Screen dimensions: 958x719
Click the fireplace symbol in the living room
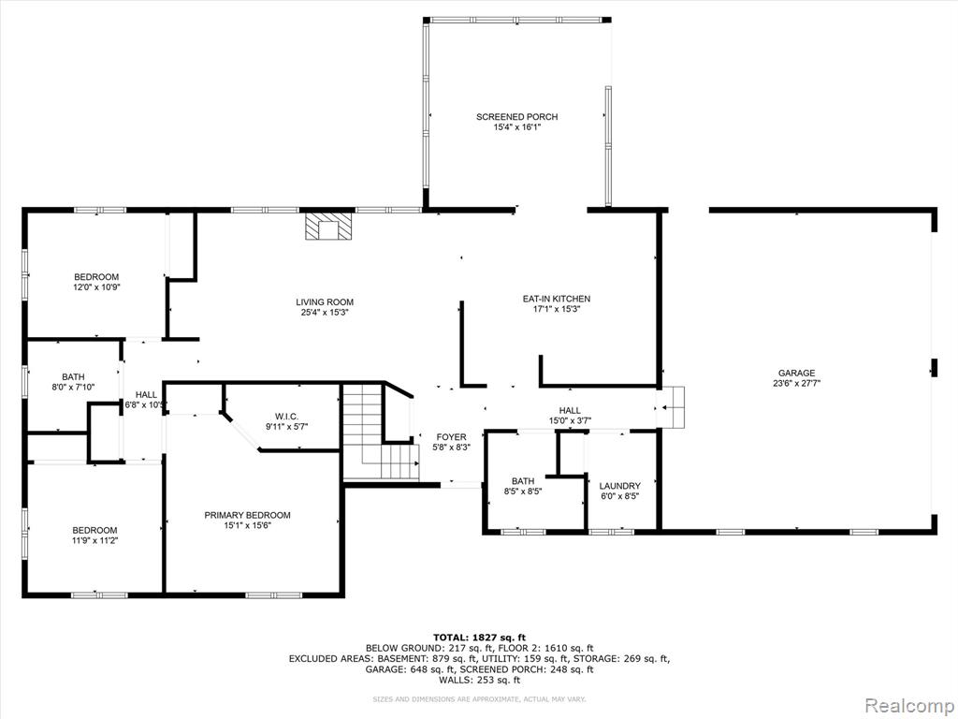pos(329,226)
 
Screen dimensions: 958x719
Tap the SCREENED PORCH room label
pos(516,117)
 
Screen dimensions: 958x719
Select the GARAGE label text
pos(796,373)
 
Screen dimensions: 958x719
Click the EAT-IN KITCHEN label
pos(556,299)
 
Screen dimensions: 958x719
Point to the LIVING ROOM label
pos(325,302)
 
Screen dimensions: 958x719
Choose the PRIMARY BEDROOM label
pos(247,516)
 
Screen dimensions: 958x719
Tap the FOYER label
pos(452,437)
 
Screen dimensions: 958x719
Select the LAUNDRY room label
pos(620,486)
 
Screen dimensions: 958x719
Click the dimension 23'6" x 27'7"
pos(796,383)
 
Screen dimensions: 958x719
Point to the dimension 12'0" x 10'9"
pos(96,286)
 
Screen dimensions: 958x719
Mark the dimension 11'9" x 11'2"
pos(94,540)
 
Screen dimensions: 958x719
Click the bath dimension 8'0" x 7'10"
pos(73,387)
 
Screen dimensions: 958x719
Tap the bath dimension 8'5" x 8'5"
pos(523,491)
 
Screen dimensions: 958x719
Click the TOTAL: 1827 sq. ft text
pos(479,637)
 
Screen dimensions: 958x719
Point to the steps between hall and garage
pos(671,406)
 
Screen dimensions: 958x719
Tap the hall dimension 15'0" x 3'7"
pos(570,420)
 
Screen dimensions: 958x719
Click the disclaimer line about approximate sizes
pos(479,698)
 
